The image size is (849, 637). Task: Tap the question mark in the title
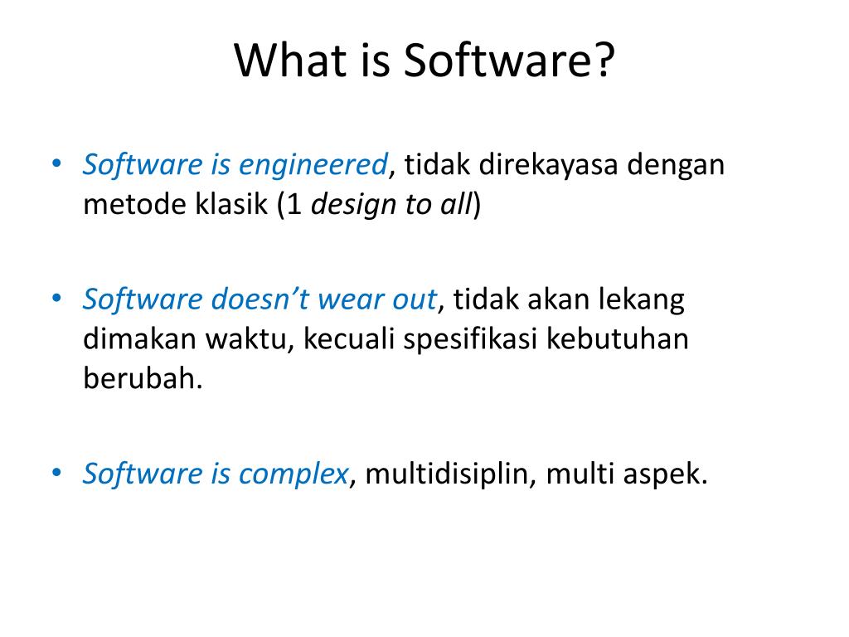(604, 61)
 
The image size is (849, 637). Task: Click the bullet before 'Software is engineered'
(56, 163)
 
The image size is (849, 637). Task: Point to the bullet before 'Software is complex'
(56, 473)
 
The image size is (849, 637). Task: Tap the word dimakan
(139, 339)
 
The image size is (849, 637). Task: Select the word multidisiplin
(447, 474)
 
